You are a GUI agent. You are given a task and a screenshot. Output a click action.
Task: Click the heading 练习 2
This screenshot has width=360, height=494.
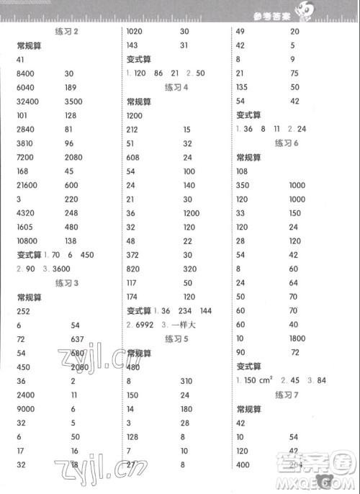tap(66, 32)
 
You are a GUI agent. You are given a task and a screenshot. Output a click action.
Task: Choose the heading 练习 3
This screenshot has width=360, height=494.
tap(66, 283)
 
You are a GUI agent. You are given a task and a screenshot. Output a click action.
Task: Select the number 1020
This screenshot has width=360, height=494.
tap(135, 32)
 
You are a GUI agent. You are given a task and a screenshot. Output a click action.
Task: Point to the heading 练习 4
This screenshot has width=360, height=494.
tap(176, 87)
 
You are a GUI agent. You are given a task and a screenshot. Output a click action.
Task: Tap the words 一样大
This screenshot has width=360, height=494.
tap(196, 325)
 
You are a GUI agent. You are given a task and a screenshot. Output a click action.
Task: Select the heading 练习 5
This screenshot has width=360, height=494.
tap(176, 339)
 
